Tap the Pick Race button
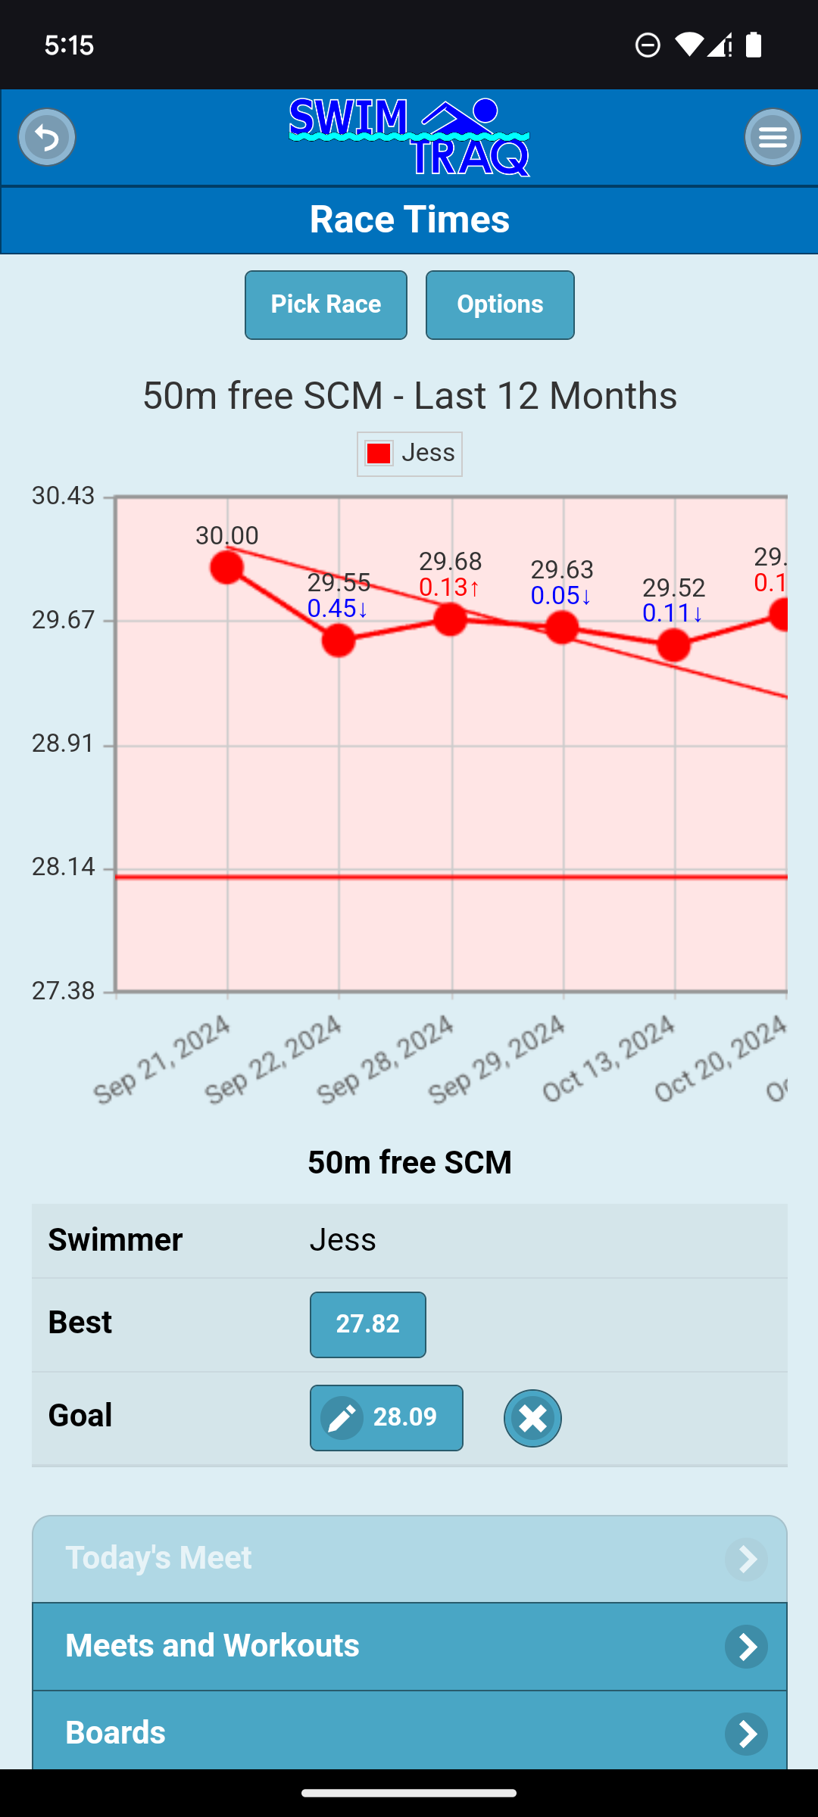[326, 305]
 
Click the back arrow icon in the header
[47, 137]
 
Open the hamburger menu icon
[772, 137]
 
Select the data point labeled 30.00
[226, 567]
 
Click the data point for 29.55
[339, 640]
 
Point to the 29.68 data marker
[450, 619]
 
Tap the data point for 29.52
[673, 645]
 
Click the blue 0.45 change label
[338, 609]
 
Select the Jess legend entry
[410, 453]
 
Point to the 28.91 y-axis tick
[63, 743]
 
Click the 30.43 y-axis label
[63, 496]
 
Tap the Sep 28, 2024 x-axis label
[385, 1060]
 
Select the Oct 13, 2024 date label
[608, 1060]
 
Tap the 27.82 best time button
[367, 1324]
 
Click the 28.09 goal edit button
[386, 1417]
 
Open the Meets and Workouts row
[409, 1646]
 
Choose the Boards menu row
[409, 1732]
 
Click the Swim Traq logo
[409, 137]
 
